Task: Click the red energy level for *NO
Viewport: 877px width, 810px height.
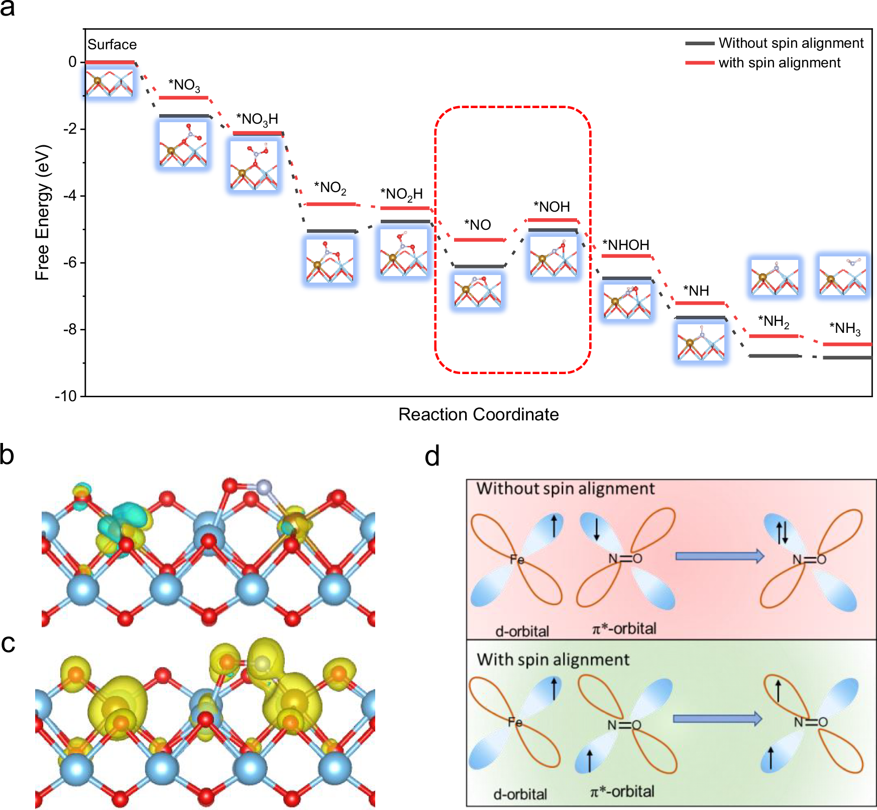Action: point(479,240)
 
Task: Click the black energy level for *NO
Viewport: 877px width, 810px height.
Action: point(479,266)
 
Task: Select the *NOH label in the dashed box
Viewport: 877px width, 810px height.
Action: point(552,207)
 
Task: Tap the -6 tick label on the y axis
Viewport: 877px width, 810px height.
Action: point(70,262)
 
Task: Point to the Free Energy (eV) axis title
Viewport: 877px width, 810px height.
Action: point(43,212)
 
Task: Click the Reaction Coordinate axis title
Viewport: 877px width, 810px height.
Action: point(478,414)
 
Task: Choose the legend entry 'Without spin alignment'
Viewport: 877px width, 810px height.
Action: point(791,43)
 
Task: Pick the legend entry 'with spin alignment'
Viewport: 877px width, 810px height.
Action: point(779,63)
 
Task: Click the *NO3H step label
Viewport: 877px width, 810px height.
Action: point(257,119)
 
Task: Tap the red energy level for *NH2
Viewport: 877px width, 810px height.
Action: point(773,336)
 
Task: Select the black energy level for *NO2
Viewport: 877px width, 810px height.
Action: point(331,231)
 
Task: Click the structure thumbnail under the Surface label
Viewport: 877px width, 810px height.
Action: point(109,82)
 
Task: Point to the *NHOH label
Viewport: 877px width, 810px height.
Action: point(626,245)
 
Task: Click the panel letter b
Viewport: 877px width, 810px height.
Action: point(7,455)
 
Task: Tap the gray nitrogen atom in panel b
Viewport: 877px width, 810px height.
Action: point(263,487)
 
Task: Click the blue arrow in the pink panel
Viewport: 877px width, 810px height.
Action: point(719,556)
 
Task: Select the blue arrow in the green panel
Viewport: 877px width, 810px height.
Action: point(717,719)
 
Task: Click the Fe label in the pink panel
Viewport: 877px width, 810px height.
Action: point(517,559)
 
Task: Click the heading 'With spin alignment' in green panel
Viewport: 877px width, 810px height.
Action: point(553,660)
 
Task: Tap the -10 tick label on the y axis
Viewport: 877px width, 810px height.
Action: point(66,396)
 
